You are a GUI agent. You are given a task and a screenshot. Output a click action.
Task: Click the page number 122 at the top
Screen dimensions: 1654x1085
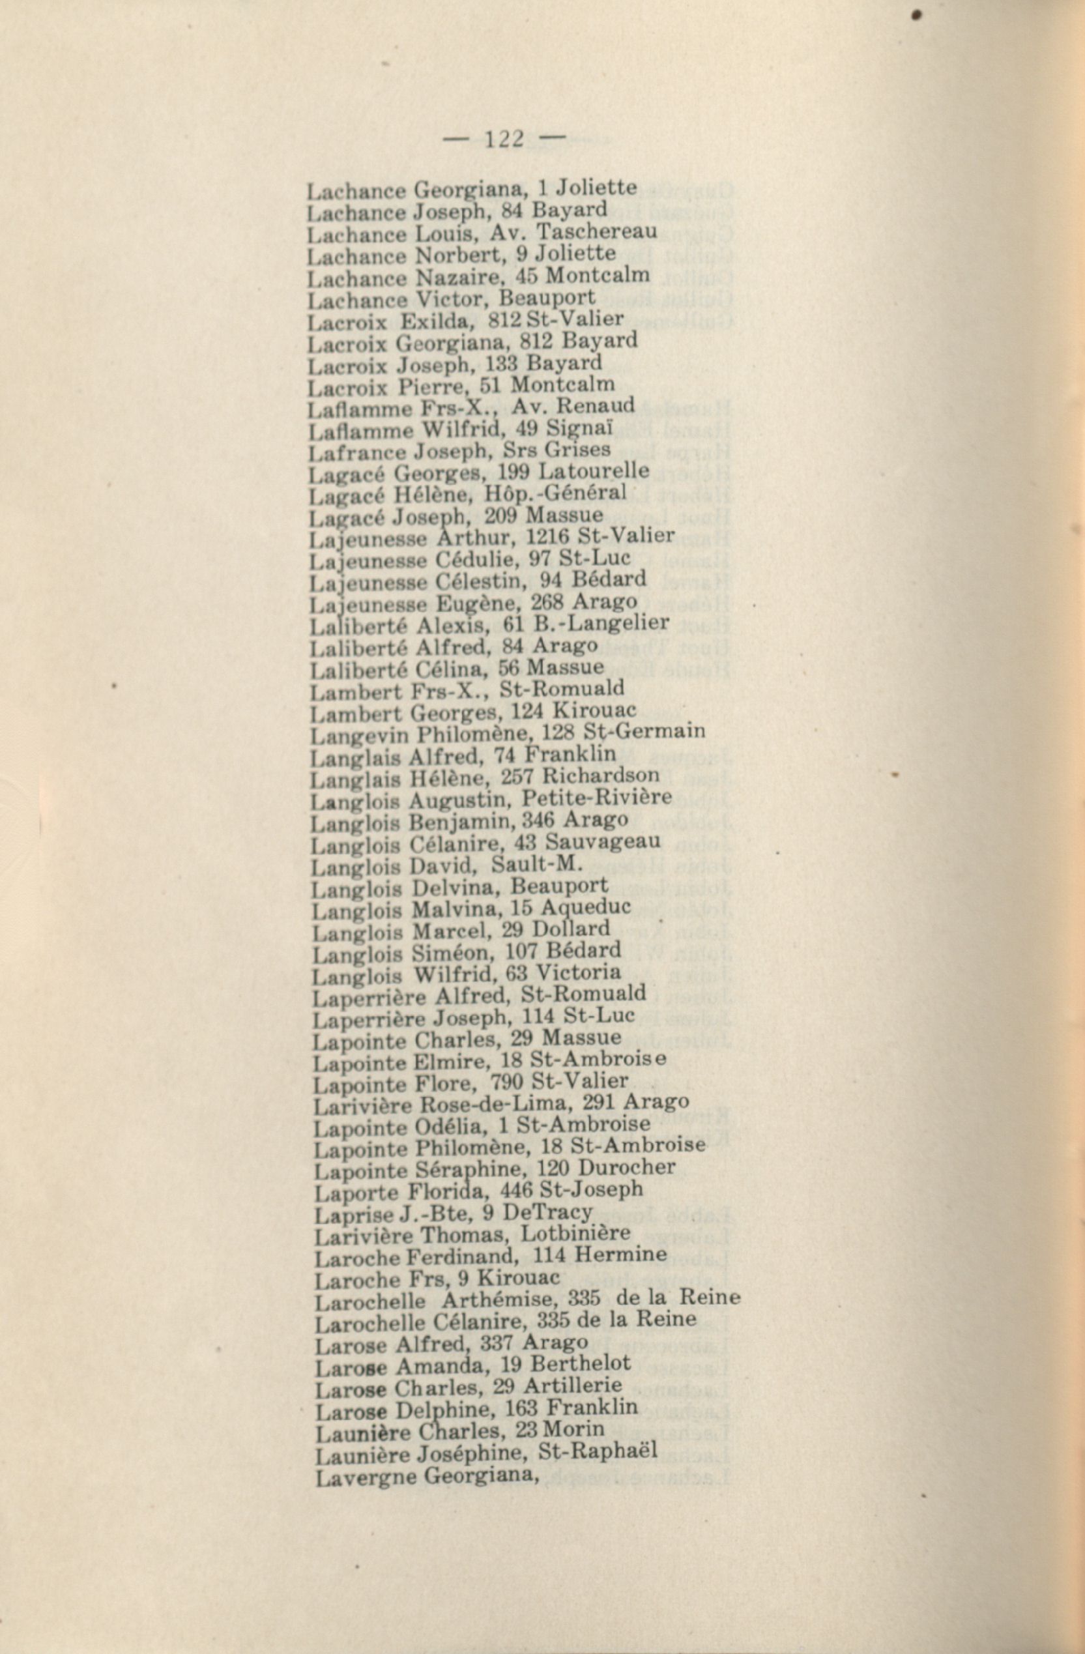[x=503, y=139]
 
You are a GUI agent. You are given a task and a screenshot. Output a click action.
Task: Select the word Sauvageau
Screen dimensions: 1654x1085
[x=603, y=842]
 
